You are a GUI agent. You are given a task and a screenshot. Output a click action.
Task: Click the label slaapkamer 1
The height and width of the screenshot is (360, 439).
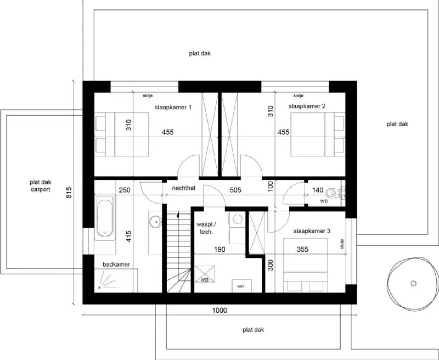(173, 107)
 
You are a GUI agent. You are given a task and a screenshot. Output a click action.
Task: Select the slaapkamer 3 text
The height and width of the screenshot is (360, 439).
(312, 232)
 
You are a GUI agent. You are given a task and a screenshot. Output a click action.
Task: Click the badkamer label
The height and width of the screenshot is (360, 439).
(116, 265)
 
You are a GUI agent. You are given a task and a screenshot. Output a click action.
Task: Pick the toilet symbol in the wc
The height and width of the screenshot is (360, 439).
(333, 193)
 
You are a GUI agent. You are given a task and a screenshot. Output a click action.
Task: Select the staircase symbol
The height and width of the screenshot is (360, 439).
(177, 252)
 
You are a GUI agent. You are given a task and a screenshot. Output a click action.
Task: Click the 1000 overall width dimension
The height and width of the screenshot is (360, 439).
(219, 311)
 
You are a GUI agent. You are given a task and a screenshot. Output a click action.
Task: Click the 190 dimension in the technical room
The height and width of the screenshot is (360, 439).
(219, 249)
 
